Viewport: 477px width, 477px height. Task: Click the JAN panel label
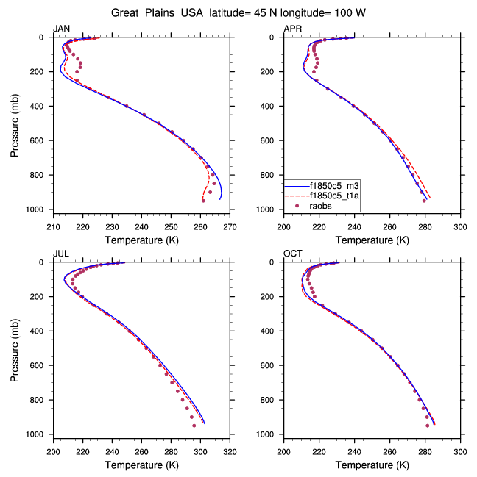tap(61, 29)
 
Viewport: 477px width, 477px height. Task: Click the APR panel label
tap(292, 29)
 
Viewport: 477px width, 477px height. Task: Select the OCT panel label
tap(292, 254)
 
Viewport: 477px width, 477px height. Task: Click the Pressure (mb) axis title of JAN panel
tap(15, 123)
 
